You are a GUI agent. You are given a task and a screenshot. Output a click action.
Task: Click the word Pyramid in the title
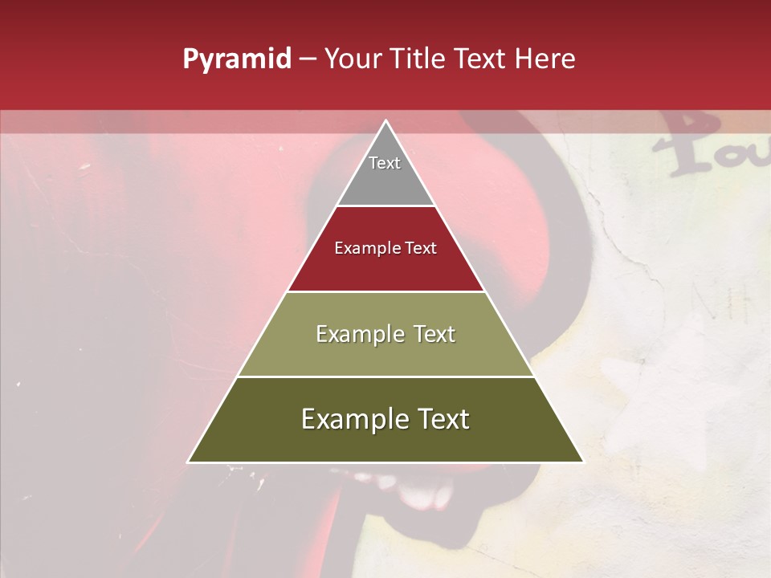pos(236,59)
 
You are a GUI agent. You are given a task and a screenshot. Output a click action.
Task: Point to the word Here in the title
pos(545,59)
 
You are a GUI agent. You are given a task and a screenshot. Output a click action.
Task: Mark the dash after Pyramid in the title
pos(307,59)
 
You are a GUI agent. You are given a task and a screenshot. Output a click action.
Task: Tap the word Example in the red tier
pos(362,248)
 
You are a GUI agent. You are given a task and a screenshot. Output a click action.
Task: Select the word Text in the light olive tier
pos(434,334)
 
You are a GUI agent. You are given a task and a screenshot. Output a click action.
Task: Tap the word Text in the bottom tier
pos(445,419)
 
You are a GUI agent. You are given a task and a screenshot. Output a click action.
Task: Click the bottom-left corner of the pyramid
pos(190,461)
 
